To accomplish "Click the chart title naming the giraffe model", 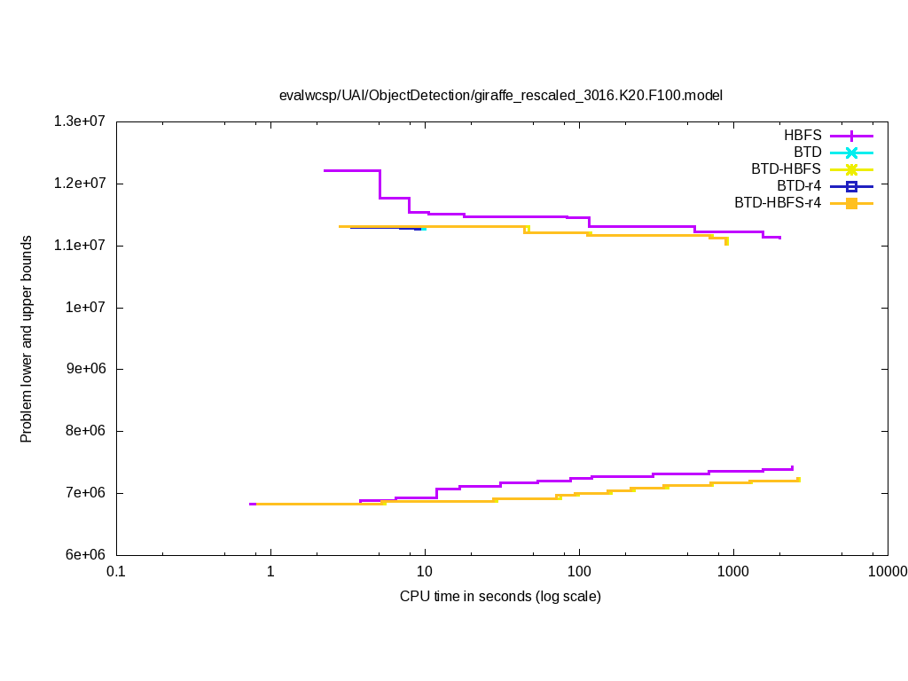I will coord(501,95).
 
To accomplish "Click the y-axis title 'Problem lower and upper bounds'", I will coord(27,339).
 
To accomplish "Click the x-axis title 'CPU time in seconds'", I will coord(500,596).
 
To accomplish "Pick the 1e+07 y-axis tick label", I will coord(86,308).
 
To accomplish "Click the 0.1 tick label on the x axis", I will coord(116,571).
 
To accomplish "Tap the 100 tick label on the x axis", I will coord(579,571).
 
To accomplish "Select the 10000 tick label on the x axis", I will coord(888,571).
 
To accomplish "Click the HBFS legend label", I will coord(802,136).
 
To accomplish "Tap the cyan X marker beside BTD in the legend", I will coord(851,153).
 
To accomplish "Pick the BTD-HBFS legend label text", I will coord(786,169).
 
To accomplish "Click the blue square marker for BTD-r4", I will coord(851,186).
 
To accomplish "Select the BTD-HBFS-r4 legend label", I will coord(778,203).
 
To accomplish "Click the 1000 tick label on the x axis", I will coord(733,571).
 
